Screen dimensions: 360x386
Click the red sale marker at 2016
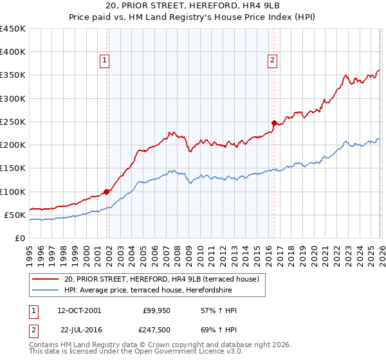pos(275,122)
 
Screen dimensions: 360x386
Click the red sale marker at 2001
pos(107,191)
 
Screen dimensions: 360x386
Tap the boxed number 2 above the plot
pos(273,60)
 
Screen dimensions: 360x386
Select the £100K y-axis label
pos(13,192)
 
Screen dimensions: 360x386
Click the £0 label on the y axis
pos(19,238)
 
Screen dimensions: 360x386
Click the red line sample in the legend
pos(46,279)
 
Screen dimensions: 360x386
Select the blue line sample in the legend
pos(46,290)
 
